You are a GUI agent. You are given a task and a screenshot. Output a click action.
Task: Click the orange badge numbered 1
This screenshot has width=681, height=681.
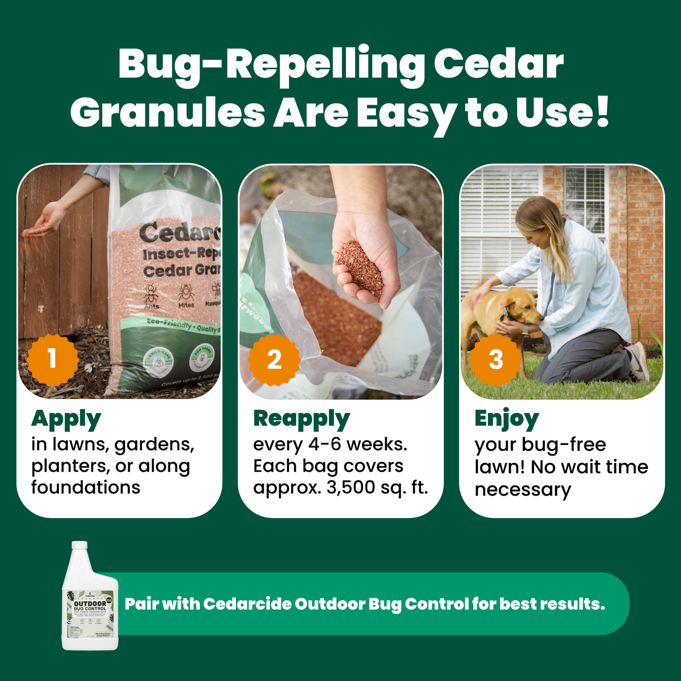point(53,359)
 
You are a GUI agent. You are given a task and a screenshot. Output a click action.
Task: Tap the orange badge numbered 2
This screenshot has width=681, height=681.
point(274,359)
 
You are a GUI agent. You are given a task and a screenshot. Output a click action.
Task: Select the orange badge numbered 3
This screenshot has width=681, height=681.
point(495,359)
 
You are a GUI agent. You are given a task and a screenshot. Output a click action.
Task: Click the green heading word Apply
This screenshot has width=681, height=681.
point(66,419)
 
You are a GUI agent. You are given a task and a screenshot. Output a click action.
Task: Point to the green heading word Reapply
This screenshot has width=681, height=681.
point(301,419)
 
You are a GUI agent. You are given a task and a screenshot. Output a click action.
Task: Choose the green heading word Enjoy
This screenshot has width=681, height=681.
point(506,419)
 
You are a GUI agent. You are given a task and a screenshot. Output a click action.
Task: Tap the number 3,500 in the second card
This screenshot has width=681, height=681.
point(350,487)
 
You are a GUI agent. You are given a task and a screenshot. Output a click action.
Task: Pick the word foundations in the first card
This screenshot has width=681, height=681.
point(86,487)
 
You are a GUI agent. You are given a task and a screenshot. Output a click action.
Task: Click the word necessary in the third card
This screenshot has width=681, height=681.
point(522,489)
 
